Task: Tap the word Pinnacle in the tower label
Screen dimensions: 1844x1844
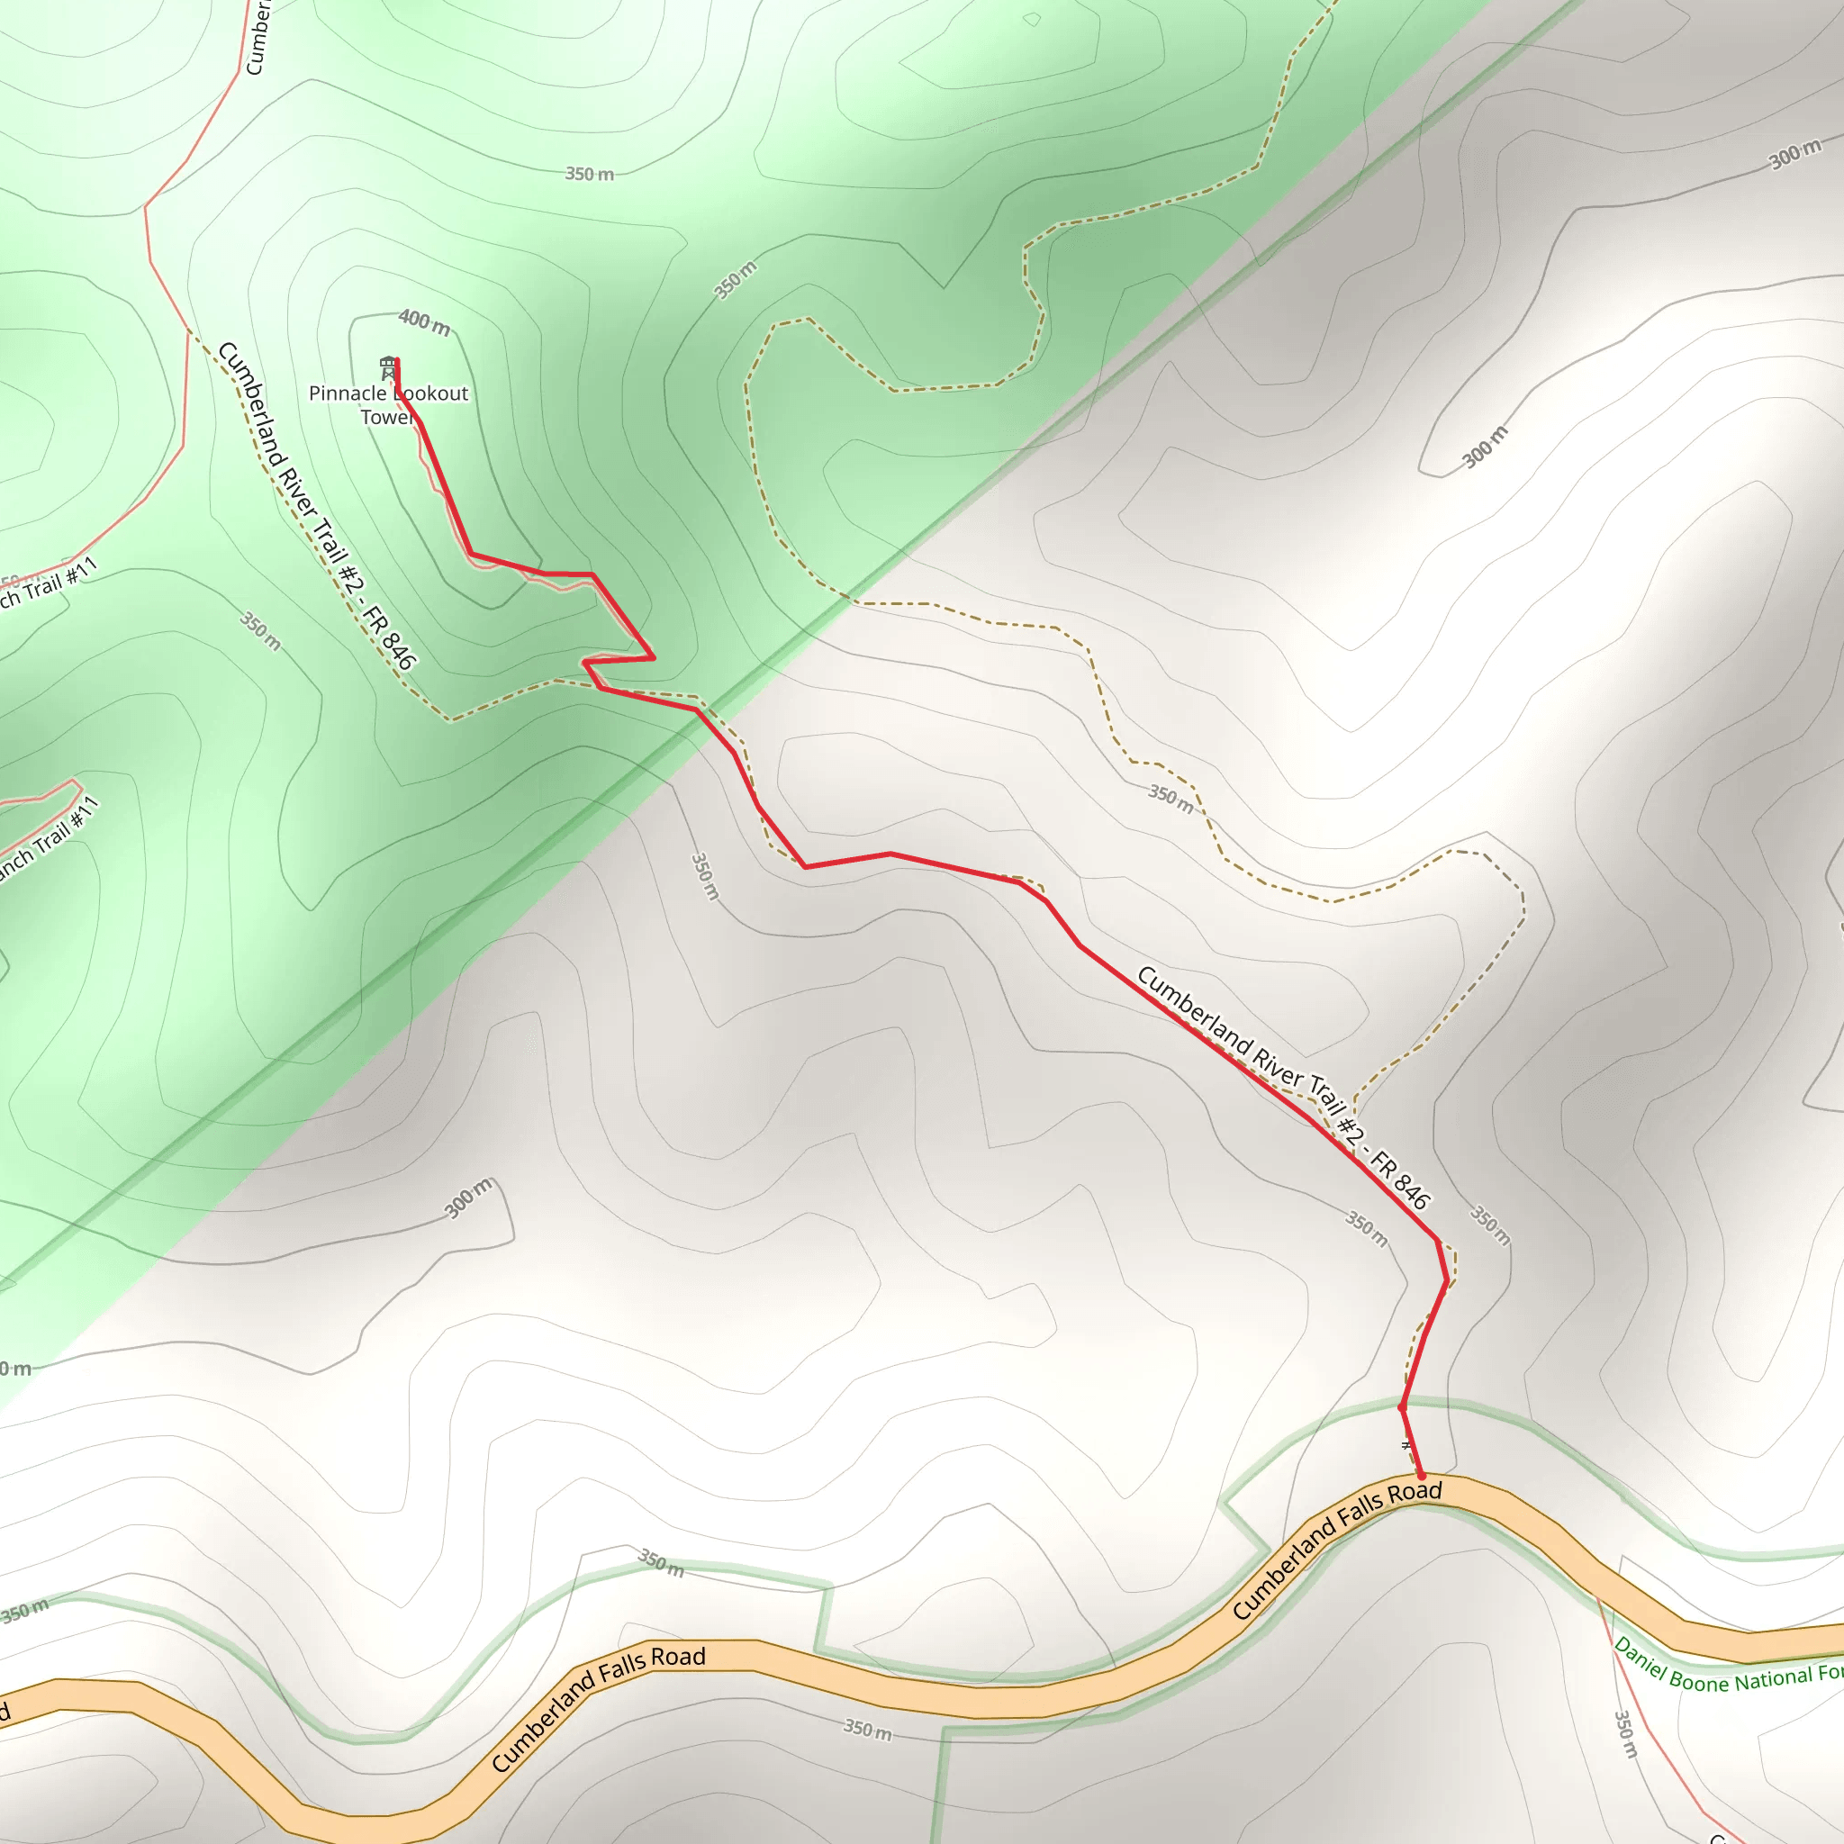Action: click(346, 393)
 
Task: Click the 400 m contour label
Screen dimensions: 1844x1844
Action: click(424, 321)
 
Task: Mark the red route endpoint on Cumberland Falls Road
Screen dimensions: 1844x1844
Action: click(1421, 1476)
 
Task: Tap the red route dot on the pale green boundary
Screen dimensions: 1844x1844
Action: click(1401, 1408)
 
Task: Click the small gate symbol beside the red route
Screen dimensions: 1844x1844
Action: click(1405, 1446)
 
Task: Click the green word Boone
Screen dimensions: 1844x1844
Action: click(1700, 1682)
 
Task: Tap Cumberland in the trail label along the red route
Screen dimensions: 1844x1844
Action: click(1192, 1012)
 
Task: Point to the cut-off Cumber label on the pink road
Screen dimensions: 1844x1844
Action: click(258, 38)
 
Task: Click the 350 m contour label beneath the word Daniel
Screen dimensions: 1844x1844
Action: click(1624, 1734)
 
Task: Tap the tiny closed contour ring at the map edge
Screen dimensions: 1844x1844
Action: click(1032, 19)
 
